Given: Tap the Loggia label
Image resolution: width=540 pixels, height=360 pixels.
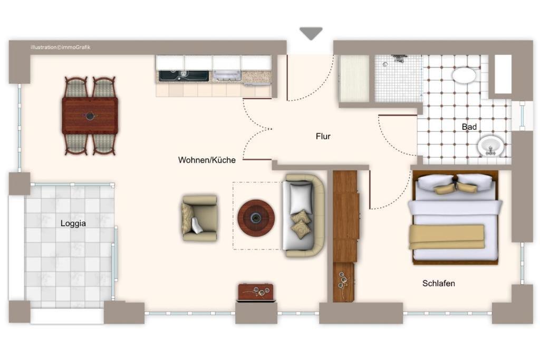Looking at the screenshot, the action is pyautogui.click(x=73, y=223).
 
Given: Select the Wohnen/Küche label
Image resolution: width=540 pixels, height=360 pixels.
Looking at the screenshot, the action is pyautogui.click(x=207, y=160).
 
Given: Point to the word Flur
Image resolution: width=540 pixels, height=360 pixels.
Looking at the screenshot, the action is pyautogui.click(x=323, y=137).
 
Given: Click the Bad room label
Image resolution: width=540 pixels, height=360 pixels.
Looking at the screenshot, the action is pyautogui.click(x=469, y=127).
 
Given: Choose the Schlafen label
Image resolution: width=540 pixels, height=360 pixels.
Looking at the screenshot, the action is pyautogui.click(x=438, y=283).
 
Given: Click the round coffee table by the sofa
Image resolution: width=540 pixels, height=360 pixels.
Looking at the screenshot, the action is pyautogui.click(x=256, y=218).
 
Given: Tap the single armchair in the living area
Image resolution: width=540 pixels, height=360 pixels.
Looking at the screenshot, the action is pyautogui.click(x=199, y=218).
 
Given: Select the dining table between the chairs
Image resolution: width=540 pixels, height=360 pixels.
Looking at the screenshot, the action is pyautogui.click(x=90, y=115).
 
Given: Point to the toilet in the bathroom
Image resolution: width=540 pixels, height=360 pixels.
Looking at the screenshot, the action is pyautogui.click(x=464, y=75).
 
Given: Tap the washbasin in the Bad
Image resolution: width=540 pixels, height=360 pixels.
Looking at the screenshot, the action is pyautogui.click(x=490, y=145).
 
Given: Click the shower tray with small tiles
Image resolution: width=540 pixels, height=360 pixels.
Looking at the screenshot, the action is pyautogui.click(x=398, y=79).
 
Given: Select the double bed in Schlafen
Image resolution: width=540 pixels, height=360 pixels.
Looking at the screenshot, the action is pyautogui.click(x=455, y=218).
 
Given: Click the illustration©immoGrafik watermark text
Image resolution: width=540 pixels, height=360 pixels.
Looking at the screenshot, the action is pyautogui.click(x=60, y=47).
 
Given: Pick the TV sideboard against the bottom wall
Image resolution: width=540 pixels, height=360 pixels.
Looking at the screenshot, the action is pyautogui.click(x=256, y=293).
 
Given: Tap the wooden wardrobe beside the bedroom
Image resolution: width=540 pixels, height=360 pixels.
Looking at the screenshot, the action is pyautogui.click(x=346, y=236).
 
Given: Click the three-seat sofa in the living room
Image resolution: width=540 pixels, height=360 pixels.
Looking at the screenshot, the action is pyautogui.click(x=304, y=216).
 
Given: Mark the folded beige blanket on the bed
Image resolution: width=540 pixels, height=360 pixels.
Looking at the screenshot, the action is pyautogui.click(x=447, y=237).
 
